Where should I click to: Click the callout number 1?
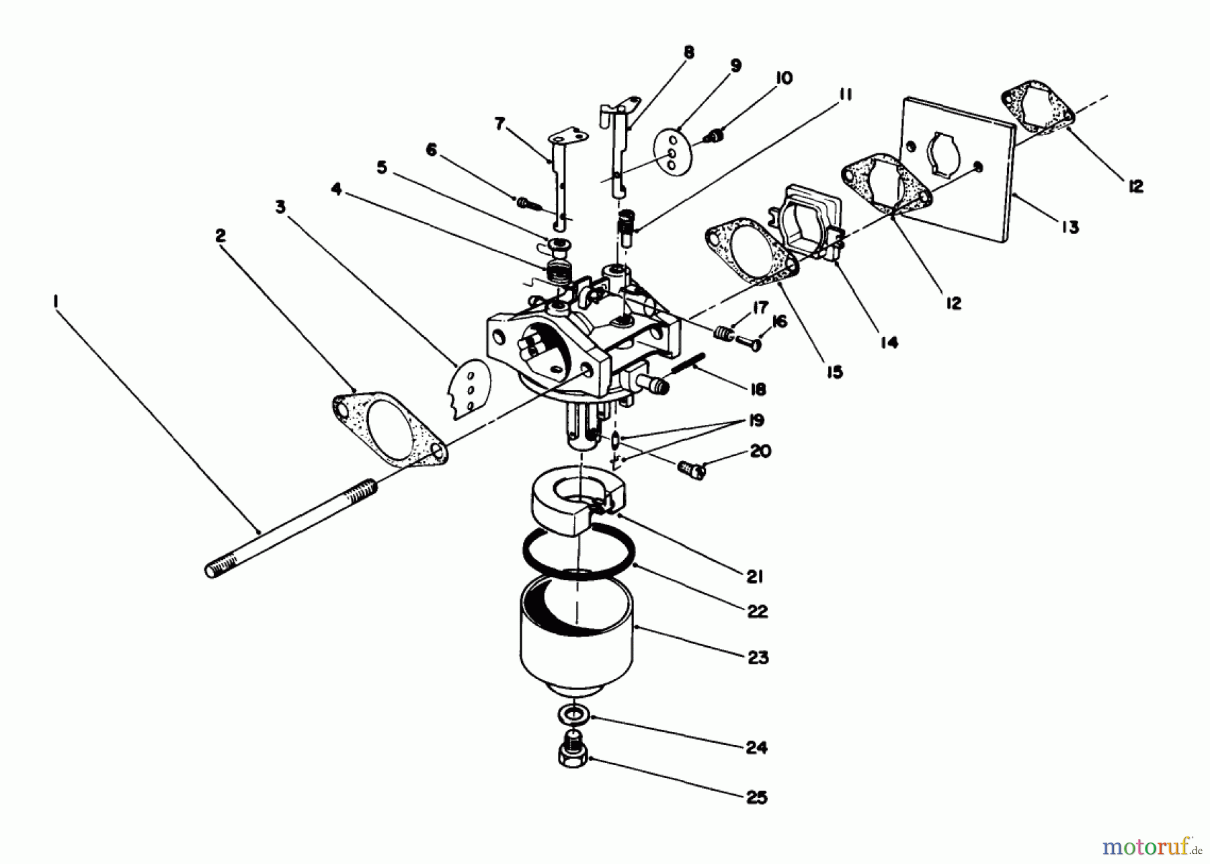[56, 303]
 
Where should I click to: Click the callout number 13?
[1070, 227]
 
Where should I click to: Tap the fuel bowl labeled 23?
[576, 639]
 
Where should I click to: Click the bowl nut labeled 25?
[573, 756]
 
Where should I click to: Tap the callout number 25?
[756, 797]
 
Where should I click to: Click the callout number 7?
[499, 124]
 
